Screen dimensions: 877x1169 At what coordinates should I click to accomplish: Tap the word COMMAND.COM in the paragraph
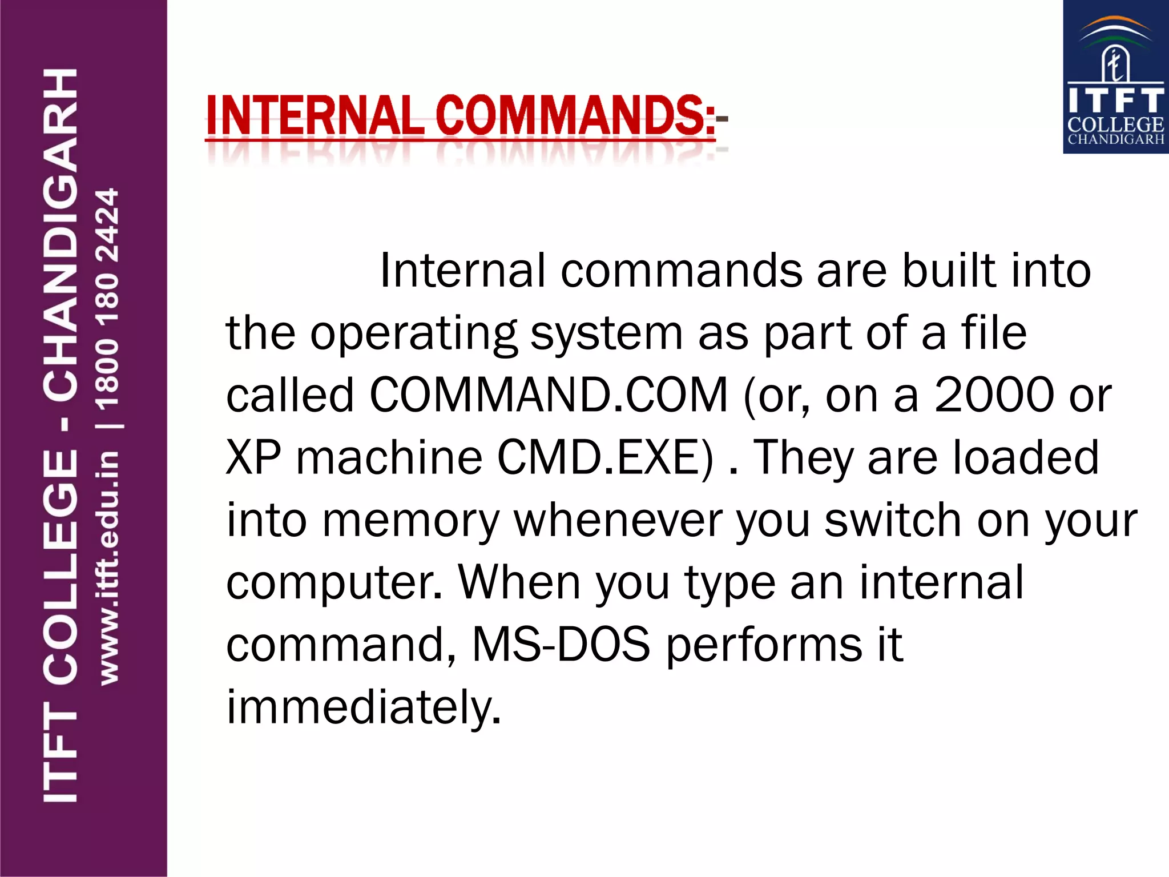tap(549, 395)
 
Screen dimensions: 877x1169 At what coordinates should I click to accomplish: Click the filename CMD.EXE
tap(605, 457)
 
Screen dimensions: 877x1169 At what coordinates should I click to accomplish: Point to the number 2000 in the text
tap(994, 395)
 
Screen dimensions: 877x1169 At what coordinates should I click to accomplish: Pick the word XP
tap(253, 457)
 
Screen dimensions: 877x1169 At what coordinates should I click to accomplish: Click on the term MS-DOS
tap(561, 645)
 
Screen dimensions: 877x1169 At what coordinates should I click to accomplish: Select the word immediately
tap(364, 707)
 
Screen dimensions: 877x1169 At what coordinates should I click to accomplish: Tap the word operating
tap(413, 334)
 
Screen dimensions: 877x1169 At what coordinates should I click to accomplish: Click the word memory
tap(410, 521)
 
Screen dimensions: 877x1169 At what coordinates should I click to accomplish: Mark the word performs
tap(764, 645)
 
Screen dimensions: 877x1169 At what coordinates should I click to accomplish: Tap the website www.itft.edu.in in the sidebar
tap(108, 568)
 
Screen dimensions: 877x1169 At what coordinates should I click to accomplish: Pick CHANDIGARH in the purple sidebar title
tap(61, 234)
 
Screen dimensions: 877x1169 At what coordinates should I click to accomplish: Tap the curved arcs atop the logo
tap(1116, 31)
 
